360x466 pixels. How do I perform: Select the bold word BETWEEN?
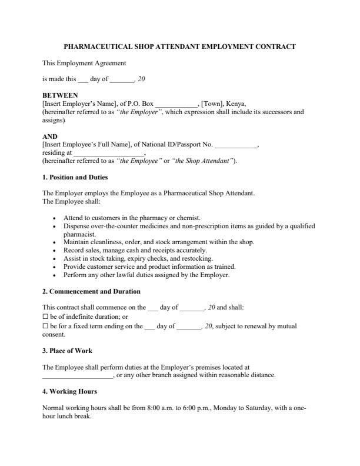click(60, 95)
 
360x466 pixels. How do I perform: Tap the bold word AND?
click(50, 137)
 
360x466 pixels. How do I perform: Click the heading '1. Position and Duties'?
click(75, 177)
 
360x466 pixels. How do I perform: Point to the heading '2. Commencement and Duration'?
click(91, 291)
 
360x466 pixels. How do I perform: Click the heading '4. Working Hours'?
click(70, 391)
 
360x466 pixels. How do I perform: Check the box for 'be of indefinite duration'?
click(45, 317)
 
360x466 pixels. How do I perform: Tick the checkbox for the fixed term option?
click(45, 326)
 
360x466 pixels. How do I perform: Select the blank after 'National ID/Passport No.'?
click(236, 145)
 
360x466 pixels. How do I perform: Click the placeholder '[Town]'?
click(214, 103)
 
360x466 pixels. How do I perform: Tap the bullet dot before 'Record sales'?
click(55, 250)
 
